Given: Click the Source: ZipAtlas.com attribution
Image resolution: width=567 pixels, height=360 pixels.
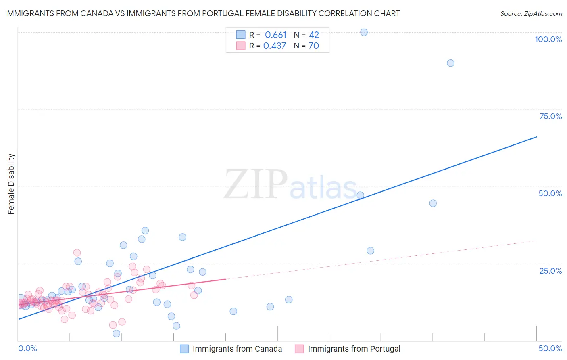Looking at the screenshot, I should click(x=531, y=14).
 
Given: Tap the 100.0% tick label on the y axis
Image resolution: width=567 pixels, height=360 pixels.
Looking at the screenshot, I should click(x=548, y=39).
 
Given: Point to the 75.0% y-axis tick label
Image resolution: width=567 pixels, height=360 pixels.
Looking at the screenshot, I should click(x=550, y=116).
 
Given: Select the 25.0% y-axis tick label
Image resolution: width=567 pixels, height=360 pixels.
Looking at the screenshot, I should click(x=550, y=270).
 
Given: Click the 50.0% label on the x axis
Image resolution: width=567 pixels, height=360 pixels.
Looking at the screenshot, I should click(x=550, y=348).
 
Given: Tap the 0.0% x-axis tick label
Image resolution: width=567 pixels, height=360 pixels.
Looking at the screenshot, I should click(x=27, y=348).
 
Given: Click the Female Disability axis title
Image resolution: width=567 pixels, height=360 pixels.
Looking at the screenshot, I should click(x=11, y=184).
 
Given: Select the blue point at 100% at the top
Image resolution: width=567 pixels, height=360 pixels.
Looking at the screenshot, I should click(x=364, y=32).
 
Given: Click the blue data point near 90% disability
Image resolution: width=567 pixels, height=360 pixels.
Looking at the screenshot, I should click(x=450, y=63).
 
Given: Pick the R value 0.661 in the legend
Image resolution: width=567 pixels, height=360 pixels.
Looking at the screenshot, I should click(x=275, y=35).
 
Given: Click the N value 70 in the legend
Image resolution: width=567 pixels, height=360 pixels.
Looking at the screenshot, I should click(x=313, y=46).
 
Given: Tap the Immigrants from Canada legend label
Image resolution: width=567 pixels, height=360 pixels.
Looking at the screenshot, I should click(x=237, y=349).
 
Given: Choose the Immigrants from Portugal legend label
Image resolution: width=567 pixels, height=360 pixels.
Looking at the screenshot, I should click(x=354, y=349).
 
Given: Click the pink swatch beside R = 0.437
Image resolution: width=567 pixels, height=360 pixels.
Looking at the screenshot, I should click(x=241, y=46).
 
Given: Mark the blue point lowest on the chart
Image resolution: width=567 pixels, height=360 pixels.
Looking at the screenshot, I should click(x=117, y=333).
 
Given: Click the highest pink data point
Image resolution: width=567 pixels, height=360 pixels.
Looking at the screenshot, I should click(x=77, y=253).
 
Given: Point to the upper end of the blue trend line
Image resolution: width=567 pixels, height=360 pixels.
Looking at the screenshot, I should click(x=536, y=137).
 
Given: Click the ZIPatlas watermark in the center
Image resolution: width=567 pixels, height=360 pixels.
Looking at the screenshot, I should click(x=290, y=184).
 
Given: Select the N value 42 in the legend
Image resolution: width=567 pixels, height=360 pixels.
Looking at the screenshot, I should click(x=314, y=35).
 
